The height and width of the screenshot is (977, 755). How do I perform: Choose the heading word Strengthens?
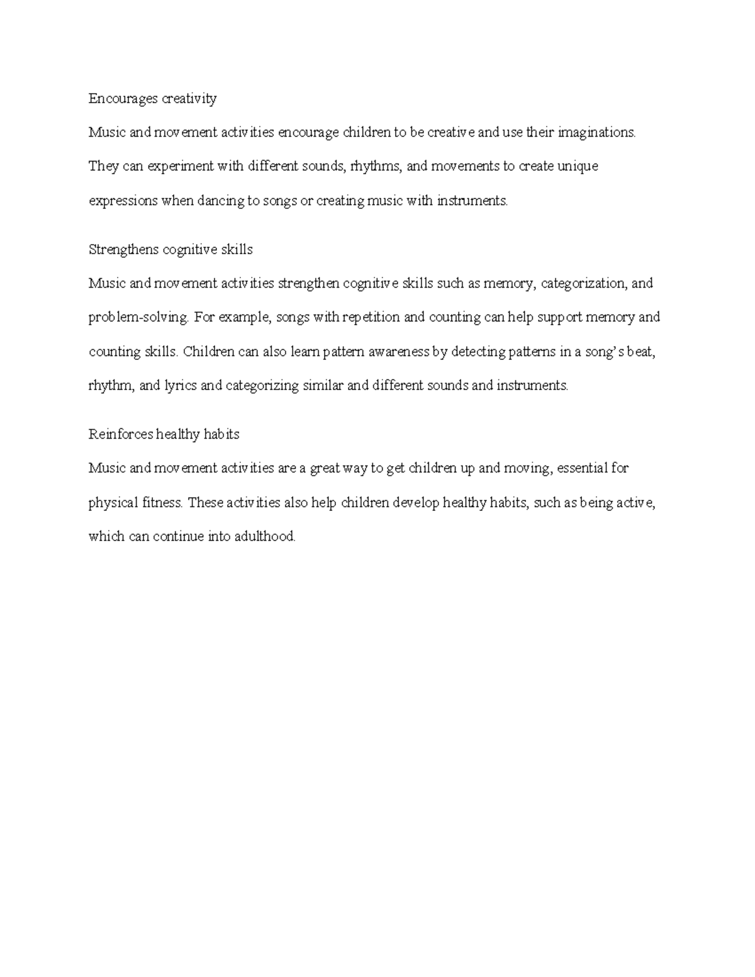123,250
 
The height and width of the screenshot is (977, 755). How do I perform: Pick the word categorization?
583,284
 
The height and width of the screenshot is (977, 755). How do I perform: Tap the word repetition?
371,318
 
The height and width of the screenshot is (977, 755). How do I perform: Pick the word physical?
113,503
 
